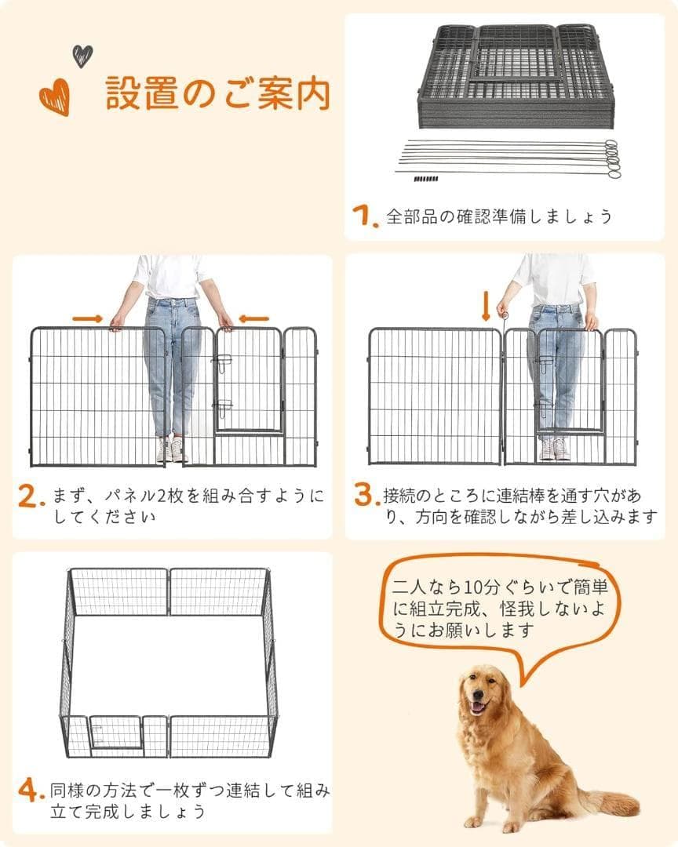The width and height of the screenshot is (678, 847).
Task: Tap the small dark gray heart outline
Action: click(82, 55)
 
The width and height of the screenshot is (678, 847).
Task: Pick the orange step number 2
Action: click(30, 496)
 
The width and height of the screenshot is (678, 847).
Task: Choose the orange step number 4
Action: click(30, 791)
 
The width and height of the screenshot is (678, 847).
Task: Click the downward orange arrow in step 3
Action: click(485, 304)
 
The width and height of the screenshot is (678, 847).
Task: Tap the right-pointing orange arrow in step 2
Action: click(87, 318)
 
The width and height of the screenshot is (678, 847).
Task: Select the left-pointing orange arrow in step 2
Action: click(253, 318)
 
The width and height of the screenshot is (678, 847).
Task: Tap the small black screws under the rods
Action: click(425, 179)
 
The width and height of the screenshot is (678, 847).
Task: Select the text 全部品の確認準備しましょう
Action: click(498, 216)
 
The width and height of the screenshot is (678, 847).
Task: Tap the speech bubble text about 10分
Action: click(497, 608)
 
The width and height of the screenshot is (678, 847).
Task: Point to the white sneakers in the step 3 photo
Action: click(554, 449)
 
